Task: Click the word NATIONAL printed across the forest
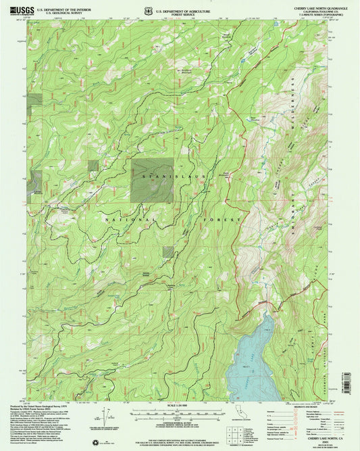130,220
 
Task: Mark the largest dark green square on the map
152,181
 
